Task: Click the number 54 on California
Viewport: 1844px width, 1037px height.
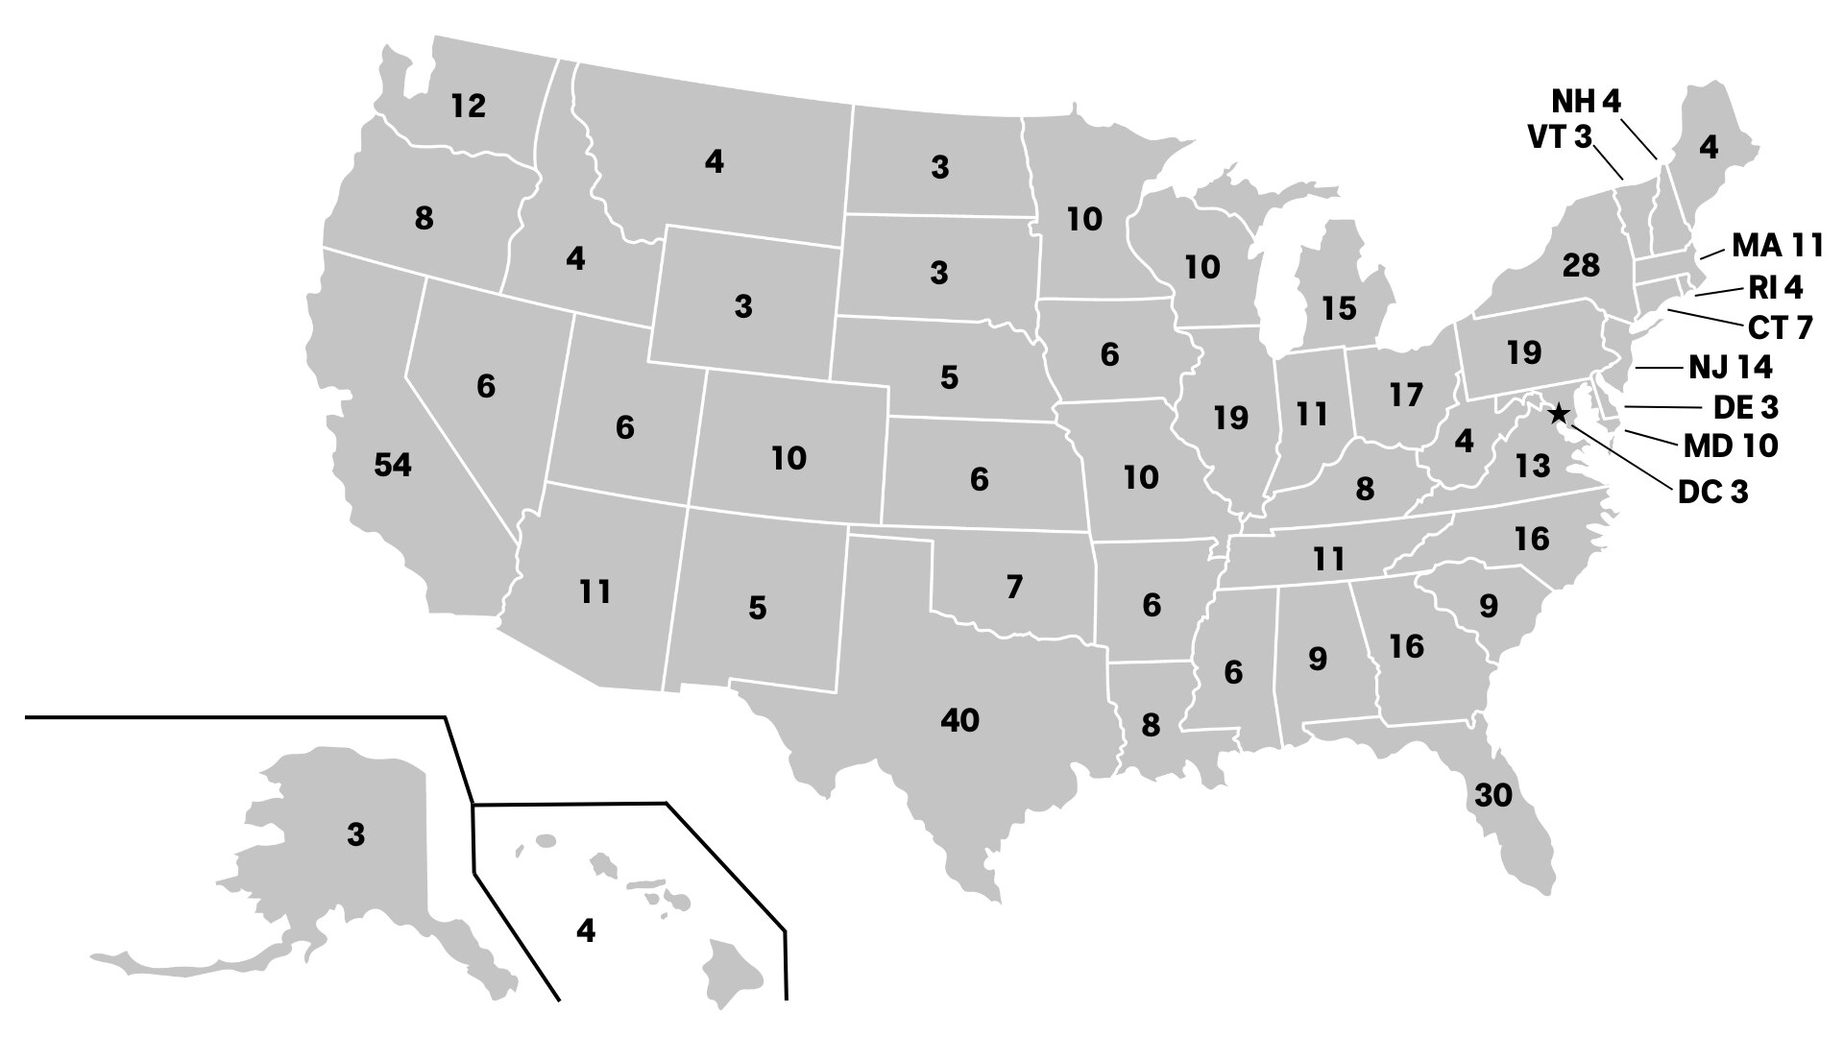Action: pos(393,465)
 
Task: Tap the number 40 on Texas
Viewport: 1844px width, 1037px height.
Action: pos(959,719)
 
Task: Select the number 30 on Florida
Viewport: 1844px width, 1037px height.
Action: pos(1493,795)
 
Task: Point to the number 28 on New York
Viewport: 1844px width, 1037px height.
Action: pos(1581,264)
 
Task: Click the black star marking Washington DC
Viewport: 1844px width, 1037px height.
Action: pos(1559,414)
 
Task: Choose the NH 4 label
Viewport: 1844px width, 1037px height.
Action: pos(1587,101)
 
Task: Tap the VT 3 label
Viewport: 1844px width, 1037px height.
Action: pos(1559,137)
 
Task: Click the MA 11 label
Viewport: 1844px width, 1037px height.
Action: pos(1778,246)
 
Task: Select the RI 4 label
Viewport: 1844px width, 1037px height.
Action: pos(1776,287)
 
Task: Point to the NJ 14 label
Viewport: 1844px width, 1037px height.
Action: pos(1731,367)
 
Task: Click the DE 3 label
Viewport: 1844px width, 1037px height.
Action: pos(1745,408)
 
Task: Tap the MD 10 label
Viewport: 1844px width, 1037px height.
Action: pos(1731,446)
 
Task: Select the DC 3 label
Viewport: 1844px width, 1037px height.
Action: pos(1713,493)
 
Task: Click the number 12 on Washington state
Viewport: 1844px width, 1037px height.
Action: pos(469,106)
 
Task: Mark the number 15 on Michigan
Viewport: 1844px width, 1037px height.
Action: pos(1338,308)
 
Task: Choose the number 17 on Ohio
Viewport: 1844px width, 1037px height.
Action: pos(1405,395)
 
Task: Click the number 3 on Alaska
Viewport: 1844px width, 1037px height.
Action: pos(356,835)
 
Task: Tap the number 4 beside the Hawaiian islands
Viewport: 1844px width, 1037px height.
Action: pos(586,930)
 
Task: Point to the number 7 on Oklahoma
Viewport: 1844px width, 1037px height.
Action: pos(1014,586)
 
